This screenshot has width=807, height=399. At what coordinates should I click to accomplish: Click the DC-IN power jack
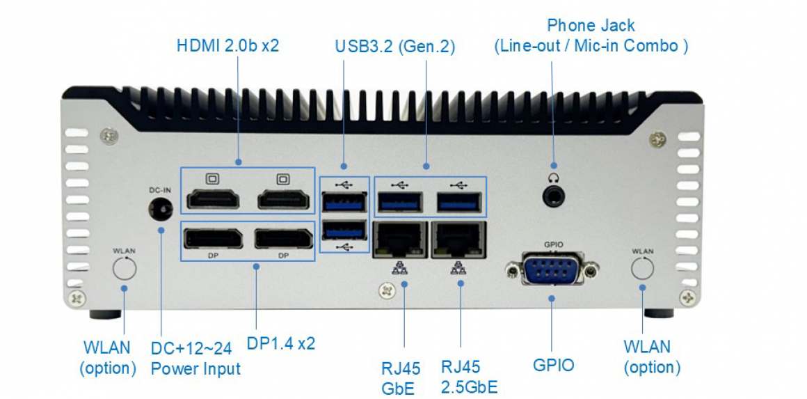tap(161, 208)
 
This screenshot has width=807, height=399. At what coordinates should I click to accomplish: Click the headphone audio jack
tap(554, 196)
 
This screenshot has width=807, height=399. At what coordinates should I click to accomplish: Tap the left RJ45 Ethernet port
tap(400, 240)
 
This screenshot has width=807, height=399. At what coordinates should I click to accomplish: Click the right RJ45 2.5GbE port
tap(458, 240)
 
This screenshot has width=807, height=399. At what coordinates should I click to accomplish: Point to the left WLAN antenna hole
tap(125, 268)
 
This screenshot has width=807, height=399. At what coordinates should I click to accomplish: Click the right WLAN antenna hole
tap(643, 268)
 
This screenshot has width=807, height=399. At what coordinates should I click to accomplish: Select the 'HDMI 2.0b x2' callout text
tap(228, 46)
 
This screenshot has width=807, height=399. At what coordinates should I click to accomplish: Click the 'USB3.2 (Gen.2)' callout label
tap(394, 47)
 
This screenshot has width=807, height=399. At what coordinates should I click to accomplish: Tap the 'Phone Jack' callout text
tap(591, 26)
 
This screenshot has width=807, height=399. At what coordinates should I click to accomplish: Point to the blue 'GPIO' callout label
tap(554, 365)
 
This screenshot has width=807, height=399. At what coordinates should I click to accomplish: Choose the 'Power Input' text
tap(195, 368)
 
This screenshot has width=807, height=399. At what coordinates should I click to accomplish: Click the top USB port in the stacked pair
tap(344, 203)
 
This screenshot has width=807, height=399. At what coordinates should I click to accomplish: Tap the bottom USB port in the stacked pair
tap(344, 230)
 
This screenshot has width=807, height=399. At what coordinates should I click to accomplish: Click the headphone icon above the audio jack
tap(554, 178)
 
